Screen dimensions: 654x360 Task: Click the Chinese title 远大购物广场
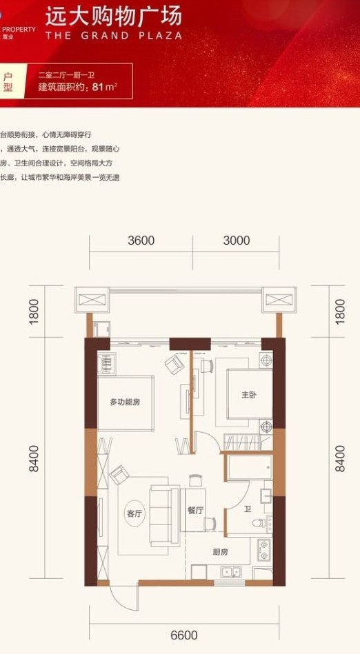click(113, 15)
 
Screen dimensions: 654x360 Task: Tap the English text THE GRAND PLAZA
click(114, 35)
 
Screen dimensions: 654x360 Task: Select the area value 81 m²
click(104, 87)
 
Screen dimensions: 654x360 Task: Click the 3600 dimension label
click(141, 241)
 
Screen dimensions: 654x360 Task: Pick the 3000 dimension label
click(237, 241)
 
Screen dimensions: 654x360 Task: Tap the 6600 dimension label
click(184, 635)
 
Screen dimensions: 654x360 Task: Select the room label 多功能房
click(125, 402)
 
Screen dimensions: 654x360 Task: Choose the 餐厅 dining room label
click(195, 511)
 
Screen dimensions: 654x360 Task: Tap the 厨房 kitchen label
click(220, 553)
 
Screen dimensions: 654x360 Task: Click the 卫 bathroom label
click(247, 511)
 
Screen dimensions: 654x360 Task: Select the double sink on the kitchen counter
click(230, 571)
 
